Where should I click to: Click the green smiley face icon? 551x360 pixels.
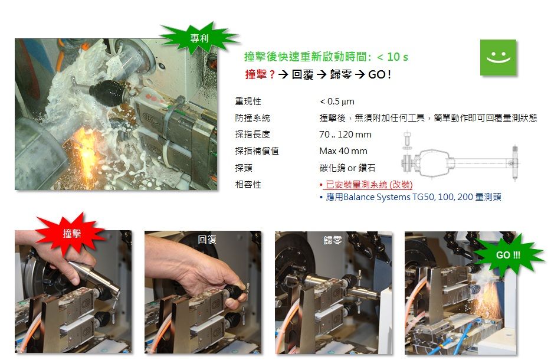coord(498,57)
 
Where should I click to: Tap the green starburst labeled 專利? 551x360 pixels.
coord(199,38)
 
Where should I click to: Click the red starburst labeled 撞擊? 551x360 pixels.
coord(72,234)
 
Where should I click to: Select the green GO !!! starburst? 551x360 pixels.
coord(508,254)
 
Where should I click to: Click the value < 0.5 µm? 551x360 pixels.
coord(337,102)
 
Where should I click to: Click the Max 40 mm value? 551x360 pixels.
coord(343,151)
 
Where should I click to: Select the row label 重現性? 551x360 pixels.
coord(248,102)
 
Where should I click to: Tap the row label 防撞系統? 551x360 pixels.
coord(252,118)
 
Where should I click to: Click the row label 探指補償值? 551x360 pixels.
coord(257,151)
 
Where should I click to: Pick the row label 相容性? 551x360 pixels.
coord(248,184)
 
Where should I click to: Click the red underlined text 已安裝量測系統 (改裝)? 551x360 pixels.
coord(369,185)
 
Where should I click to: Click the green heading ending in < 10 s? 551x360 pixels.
coord(326,57)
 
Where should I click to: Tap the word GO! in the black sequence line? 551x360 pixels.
coord(379,74)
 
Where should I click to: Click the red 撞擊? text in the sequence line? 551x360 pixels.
coord(260,74)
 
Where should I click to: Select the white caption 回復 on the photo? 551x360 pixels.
coord(206,240)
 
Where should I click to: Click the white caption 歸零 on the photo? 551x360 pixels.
coord(332,240)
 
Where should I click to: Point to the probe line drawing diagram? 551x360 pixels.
coord(460,156)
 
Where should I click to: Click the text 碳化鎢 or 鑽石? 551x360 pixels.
coord(347,168)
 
